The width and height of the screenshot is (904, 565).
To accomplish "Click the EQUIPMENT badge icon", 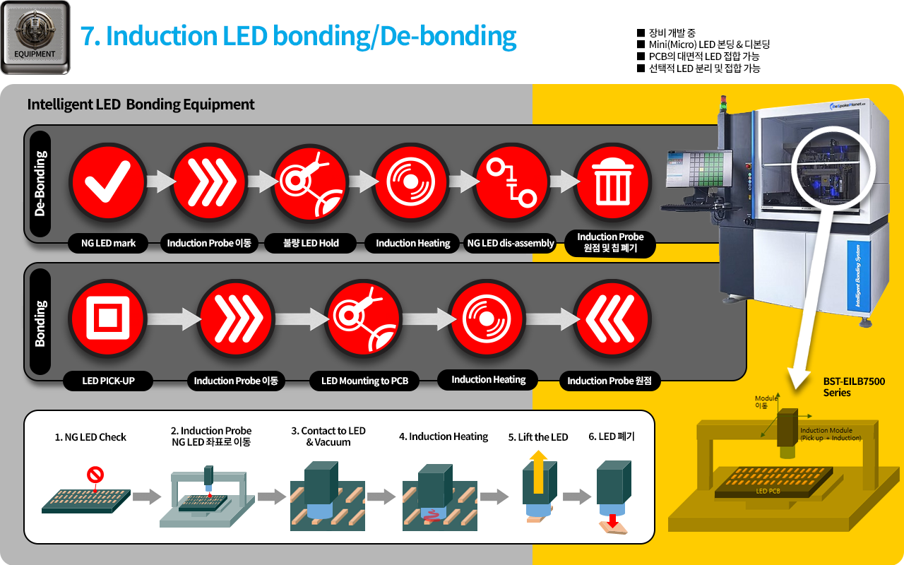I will pos(35,37).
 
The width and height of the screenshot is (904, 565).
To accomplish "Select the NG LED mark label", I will pos(108,244).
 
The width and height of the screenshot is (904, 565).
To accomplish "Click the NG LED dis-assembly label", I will pos(511,244).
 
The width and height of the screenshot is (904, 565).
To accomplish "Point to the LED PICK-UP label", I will pos(108,381).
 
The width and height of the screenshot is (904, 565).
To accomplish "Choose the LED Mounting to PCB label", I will pos(364,381).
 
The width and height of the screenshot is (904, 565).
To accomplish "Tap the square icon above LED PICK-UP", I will pos(108,319).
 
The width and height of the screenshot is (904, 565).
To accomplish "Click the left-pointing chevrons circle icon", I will pos(612,319).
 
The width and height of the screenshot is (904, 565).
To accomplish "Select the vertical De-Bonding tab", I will pos(40,184).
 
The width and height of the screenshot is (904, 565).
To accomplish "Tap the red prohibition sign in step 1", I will pos(95,475).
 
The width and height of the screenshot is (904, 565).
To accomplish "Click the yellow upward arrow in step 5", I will pos(539,473).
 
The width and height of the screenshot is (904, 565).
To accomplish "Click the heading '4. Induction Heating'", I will pos(444,436).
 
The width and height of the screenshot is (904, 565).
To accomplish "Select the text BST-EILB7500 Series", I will pos(853,387).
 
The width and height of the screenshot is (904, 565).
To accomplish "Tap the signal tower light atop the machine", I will pos(722,104).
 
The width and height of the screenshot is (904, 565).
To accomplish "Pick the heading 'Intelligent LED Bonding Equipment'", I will pos(141,105).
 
